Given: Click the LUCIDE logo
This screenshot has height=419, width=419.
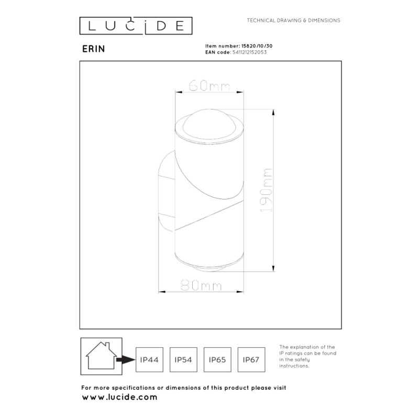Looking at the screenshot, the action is click(x=136, y=26).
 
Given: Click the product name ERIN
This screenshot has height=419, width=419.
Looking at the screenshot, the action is click(x=94, y=49).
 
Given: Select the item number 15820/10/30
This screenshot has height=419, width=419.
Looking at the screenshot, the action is click(x=257, y=46).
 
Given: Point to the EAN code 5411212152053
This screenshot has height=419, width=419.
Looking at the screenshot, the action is click(x=250, y=52).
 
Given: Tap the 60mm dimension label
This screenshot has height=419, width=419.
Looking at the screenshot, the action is click(x=209, y=86).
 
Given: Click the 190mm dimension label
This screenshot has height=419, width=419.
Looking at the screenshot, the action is click(x=266, y=190).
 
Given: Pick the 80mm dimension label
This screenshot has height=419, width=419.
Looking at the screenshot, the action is click(x=201, y=285).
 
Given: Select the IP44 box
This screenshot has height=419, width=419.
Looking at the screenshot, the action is click(x=149, y=360).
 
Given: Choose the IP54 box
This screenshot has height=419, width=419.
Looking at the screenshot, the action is click(x=183, y=360).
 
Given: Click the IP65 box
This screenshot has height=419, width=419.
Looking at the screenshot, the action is click(x=217, y=360).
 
